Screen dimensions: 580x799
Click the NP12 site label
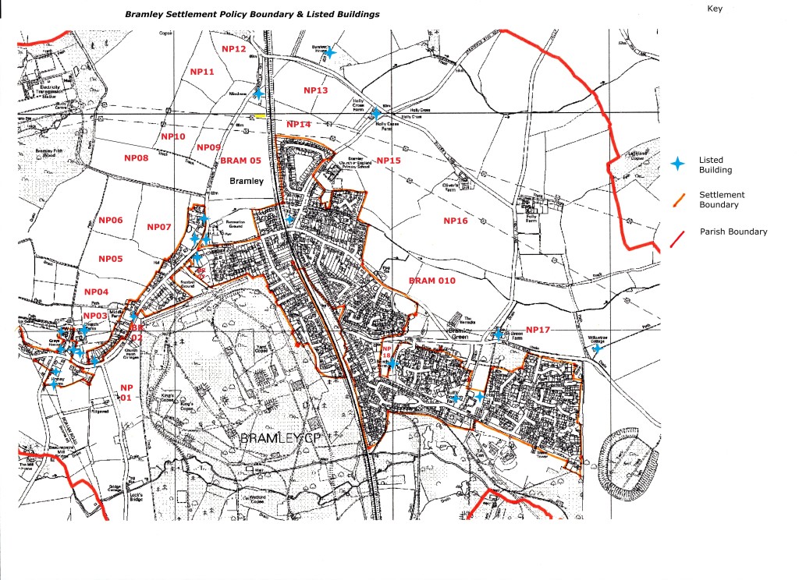[234, 49]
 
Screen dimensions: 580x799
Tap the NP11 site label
[202, 72]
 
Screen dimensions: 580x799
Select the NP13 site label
[315, 90]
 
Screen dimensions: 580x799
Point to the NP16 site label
[456, 221]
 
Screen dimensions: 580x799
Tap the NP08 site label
[136, 157]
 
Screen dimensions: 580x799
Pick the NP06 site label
[110, 221]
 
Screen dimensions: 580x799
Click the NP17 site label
[538, 330]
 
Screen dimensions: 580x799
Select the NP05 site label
[110, 258]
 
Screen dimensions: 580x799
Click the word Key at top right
[715, 9]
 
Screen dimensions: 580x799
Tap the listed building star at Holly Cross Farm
[376, 113]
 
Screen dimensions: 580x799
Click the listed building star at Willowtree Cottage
[597, 349]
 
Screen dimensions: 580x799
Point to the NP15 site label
[388, 160]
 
